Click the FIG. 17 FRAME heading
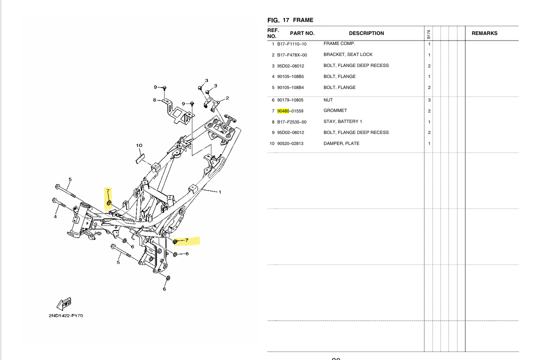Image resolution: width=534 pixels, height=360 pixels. (x=290, y=20)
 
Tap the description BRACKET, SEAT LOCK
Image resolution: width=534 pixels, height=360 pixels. (x=347, y=54)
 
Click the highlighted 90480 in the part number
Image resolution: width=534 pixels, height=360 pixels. (x=283, y=110)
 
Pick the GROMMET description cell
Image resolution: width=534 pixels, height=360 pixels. (x=335, y=110)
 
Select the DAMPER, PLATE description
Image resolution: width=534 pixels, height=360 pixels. (x=341, y=143)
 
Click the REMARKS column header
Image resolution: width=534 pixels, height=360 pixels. (x=484, y=33)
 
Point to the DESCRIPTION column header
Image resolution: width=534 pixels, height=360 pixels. (x=366, y=33)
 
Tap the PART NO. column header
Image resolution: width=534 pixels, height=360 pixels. (x=302, y=33)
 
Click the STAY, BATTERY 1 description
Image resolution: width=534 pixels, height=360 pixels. (x=342, y=121)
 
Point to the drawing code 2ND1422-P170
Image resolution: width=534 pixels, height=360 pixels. (x=65, y=315)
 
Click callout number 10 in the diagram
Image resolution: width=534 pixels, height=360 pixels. (x=139, y=146)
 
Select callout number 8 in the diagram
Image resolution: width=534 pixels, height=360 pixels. (x=154, y=99)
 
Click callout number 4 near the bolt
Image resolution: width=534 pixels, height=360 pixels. (x=55, y=216)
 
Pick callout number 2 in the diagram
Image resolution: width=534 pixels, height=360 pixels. (x=227, y=98)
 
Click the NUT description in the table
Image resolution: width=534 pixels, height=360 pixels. (x=328, y=100)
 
